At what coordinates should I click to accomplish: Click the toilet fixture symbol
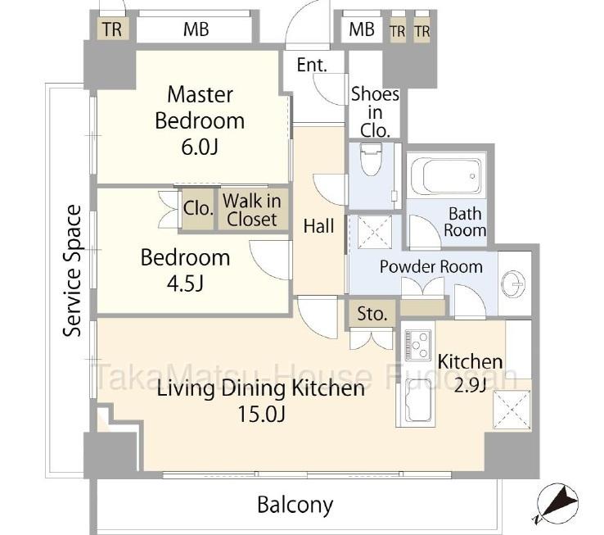point(371,159)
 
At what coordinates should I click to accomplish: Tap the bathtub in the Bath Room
point(447,175)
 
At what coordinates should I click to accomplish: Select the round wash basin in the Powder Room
point(512,284)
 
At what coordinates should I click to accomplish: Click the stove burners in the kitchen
point(417,345)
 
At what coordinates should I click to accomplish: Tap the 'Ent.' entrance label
point(312,65)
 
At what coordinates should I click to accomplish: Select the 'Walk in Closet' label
point(251,211)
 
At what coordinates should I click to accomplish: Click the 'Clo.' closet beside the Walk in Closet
point(198,209)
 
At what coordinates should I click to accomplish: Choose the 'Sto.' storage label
point(372,314)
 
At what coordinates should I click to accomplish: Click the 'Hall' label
point(318,225)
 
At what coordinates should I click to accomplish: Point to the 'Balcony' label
point(295,505)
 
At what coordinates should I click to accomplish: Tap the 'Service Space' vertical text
point(72,271)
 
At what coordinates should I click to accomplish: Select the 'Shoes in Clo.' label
point(375,112)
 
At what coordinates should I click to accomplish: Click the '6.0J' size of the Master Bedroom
point(200,147)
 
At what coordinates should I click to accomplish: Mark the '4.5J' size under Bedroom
point(185,283)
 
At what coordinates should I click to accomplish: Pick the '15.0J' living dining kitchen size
point(261,415)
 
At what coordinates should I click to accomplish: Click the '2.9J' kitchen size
point(470,385)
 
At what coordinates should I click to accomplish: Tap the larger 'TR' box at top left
point(111,29)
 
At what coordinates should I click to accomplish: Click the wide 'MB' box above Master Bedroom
point(196,29)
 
